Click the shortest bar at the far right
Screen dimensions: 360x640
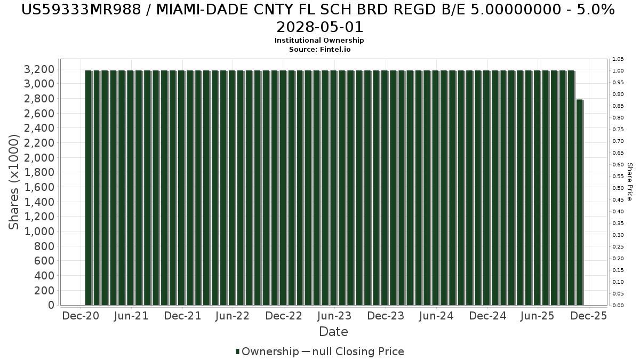coord(579,202)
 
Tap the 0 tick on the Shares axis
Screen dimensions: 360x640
coord(51,305)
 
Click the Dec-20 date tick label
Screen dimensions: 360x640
coord(81,316)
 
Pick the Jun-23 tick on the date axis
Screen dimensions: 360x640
coord(334,316)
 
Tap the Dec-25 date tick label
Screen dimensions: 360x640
coord(589,316)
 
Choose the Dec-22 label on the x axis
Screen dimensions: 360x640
coord(284,316)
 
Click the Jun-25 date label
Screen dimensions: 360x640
coord(538,316)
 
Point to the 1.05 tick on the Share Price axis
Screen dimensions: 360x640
coord(618,59)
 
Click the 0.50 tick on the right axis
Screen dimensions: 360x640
coord(618,188)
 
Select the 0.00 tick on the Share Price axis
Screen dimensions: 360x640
coord(618,305)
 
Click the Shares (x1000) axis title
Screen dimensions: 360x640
coord(14,182)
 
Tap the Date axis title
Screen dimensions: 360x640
coord(333,332)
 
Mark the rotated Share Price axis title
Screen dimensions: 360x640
coord(629,182)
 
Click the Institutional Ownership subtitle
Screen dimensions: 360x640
coord(319,41)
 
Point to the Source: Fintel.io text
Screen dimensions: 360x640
coord(319,49)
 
